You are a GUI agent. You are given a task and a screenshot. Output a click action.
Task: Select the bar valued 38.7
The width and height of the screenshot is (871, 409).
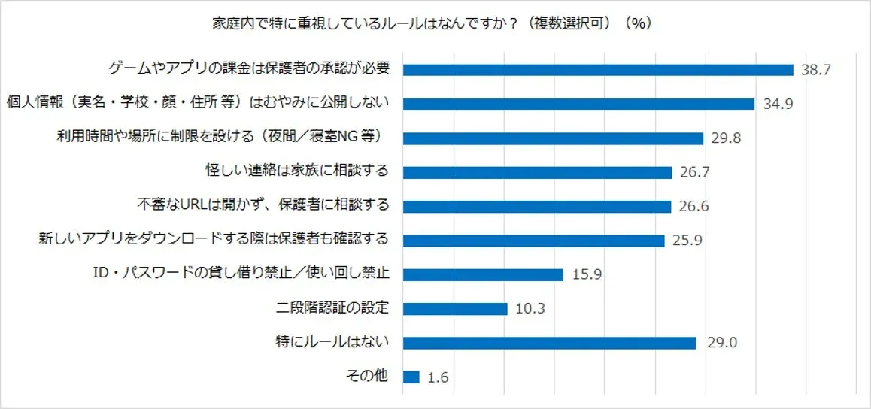tap(598, 70)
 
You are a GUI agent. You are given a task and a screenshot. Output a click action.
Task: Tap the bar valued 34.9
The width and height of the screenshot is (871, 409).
tap(578, 104)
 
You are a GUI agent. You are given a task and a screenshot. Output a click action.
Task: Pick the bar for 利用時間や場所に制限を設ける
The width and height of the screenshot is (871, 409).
tap(553, 138)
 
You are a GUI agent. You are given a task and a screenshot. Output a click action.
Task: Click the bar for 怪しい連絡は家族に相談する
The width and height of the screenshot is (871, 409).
tap(537, 172)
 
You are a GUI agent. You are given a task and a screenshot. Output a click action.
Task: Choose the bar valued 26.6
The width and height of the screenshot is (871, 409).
tap(536, 206)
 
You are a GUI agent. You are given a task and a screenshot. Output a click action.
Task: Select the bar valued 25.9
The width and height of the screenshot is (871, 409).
tap(533, 241)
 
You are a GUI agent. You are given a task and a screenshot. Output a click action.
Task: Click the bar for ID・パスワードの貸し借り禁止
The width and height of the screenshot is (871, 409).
tap(483, 274)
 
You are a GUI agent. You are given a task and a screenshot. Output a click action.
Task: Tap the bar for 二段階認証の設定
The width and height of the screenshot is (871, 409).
tap(455, 309)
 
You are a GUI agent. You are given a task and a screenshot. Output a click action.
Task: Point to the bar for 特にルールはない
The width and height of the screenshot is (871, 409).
tap(549, 343)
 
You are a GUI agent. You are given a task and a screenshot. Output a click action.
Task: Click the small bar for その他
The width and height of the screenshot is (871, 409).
tap(411, 377)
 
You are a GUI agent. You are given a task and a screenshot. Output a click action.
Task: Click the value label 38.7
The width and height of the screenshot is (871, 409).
tap(815, 70)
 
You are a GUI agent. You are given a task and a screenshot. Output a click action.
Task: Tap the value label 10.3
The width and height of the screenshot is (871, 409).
tap(530, 309)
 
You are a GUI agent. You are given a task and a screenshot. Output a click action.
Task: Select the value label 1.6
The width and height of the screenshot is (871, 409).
tap(438, 377)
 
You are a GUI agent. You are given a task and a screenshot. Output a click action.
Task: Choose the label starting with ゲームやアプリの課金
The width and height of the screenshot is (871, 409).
tap(249, 69)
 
